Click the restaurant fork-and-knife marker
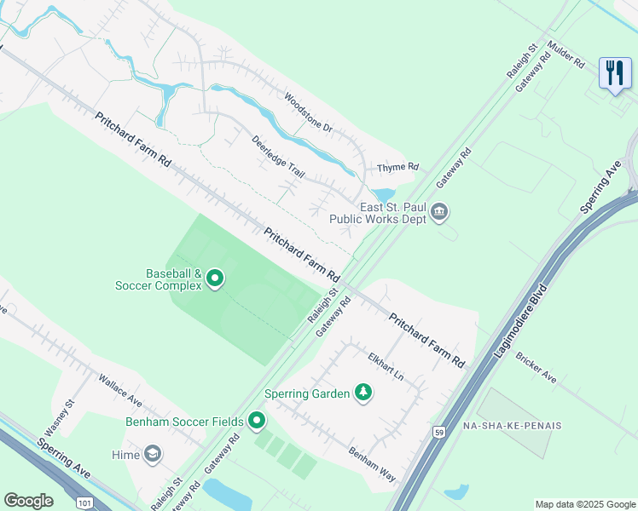615,72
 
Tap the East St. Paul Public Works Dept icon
439,211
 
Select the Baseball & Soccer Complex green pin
215,278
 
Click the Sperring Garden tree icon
363,393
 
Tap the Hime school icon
153,455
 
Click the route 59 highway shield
438,432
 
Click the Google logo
28,501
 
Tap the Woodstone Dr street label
308,112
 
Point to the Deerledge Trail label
278,156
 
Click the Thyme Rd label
399,167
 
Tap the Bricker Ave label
536,365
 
